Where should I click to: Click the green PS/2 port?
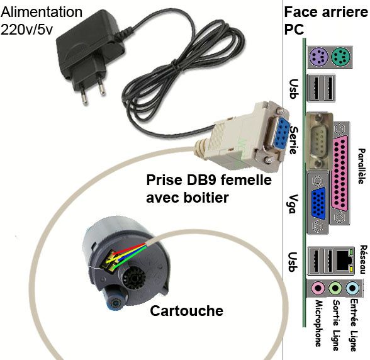tap(341, 57)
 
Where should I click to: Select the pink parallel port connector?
tap(340, 174)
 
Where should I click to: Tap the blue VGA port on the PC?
tap(318, 203)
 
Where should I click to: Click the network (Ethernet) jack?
tap(344, 261)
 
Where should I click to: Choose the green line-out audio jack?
tap(335, 288)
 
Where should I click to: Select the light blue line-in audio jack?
tap(352, 288)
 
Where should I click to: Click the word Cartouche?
tap(186, 311)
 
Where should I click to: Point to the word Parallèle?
tap(362, 166)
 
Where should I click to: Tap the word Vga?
tap(293, 204)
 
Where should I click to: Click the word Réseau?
tap(364, 259)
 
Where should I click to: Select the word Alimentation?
tap(42, 12)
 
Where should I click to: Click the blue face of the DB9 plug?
tap(283, 133)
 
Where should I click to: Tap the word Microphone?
tap(318, 323)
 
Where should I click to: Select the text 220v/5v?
tap(26, 30)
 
